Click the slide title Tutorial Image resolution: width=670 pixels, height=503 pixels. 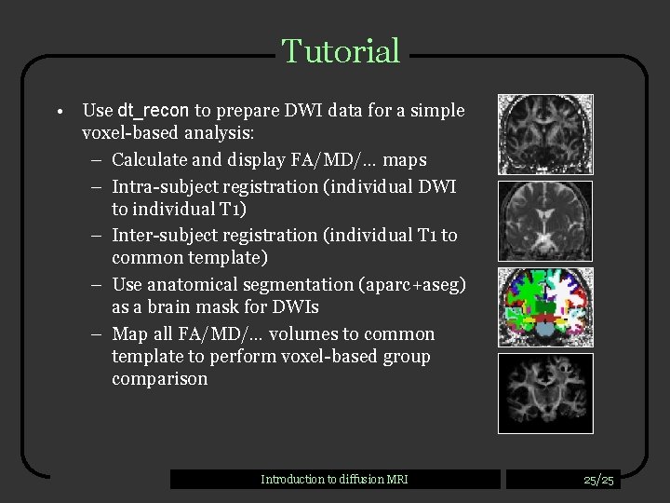[341, 51]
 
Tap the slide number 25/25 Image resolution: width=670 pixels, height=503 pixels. [598, 480]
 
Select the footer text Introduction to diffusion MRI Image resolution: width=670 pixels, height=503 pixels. [334, 480]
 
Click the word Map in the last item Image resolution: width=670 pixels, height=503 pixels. [128, 333]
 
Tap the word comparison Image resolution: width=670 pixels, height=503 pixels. [160, 379]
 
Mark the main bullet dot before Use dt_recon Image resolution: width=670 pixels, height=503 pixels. [58, 112]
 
